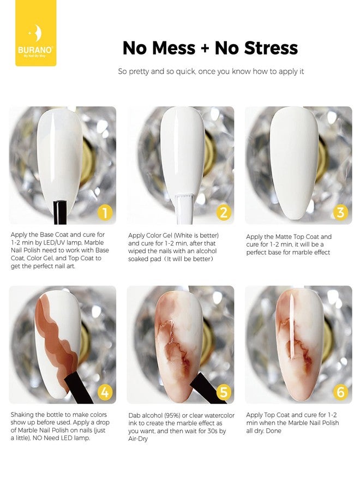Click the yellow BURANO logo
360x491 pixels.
[x=35, y=33]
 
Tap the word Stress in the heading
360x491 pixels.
[x=271, y=48]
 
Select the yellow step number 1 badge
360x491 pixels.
[x=105, y=213]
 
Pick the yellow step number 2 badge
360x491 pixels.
[x=224, y=213]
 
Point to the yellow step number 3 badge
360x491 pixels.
[x=340, y=213]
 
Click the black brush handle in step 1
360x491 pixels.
[x=60, y=212]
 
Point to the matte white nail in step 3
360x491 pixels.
[x=294, y=163]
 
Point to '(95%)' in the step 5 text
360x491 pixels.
[x=171, y=416]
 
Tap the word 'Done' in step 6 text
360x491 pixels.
[x=274, y=431]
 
